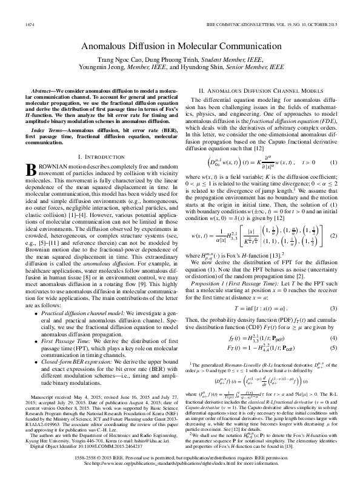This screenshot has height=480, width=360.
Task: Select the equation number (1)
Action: pos(333,163)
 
